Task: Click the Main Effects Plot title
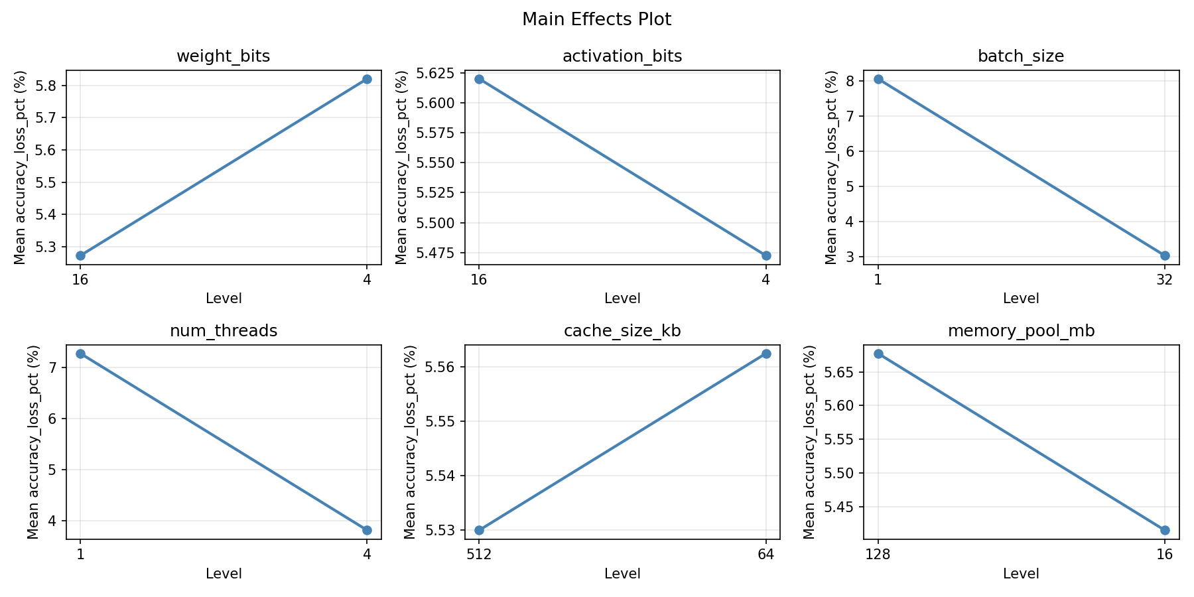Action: point(596,19)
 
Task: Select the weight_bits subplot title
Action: point(223,56)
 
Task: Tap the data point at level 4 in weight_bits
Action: point(367,79)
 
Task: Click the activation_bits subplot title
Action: point(622,56)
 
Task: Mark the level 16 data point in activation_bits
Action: point(479,79)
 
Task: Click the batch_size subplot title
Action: point(1021,56)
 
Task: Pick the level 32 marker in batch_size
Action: point(1165,255)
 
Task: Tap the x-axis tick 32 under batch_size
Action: point(1165,279)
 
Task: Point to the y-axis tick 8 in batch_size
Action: point(852,81)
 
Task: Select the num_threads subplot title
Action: point(223,331)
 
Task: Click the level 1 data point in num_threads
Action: point(80,354)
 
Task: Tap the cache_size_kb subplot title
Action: point(622,331)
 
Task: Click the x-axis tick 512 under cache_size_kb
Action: point(479,554)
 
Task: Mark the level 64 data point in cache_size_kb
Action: point(766,354)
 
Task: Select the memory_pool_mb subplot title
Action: point(1021,331)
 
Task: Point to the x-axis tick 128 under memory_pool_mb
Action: point(878,554)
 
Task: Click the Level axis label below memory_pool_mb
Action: point(1021,574)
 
